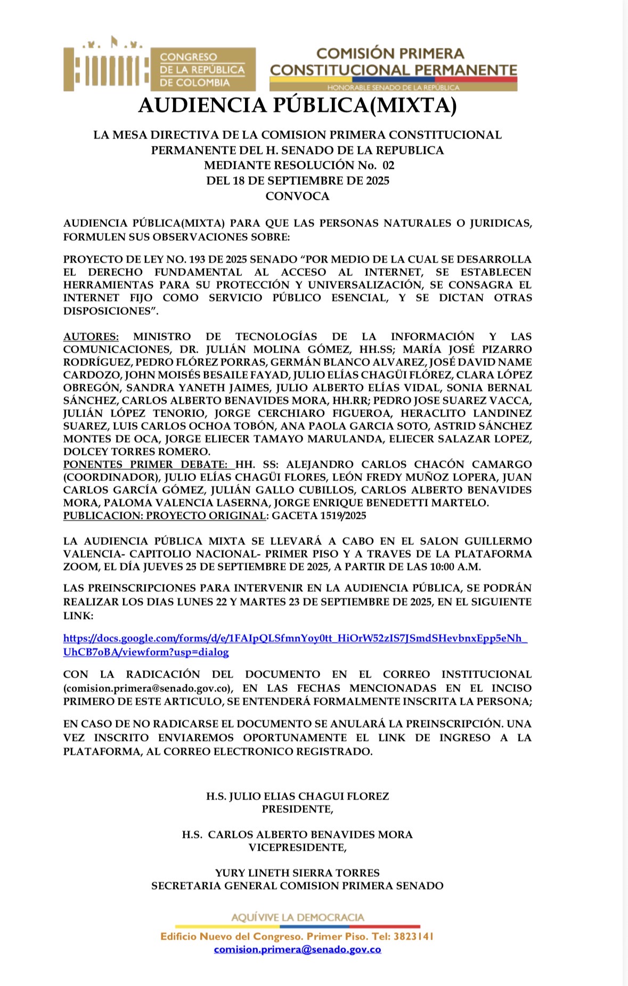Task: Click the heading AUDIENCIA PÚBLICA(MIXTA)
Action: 297,105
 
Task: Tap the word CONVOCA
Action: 297,196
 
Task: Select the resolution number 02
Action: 388,165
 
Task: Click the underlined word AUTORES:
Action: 91,336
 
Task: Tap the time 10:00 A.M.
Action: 458,566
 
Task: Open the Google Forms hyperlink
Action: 295,638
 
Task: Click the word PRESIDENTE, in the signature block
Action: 297,809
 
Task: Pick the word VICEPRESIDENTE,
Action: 297,847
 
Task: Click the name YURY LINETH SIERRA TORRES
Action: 297,873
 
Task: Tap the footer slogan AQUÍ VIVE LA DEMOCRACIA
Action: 297,917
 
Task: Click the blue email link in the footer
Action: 297,949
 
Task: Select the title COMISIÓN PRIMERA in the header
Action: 390,53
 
